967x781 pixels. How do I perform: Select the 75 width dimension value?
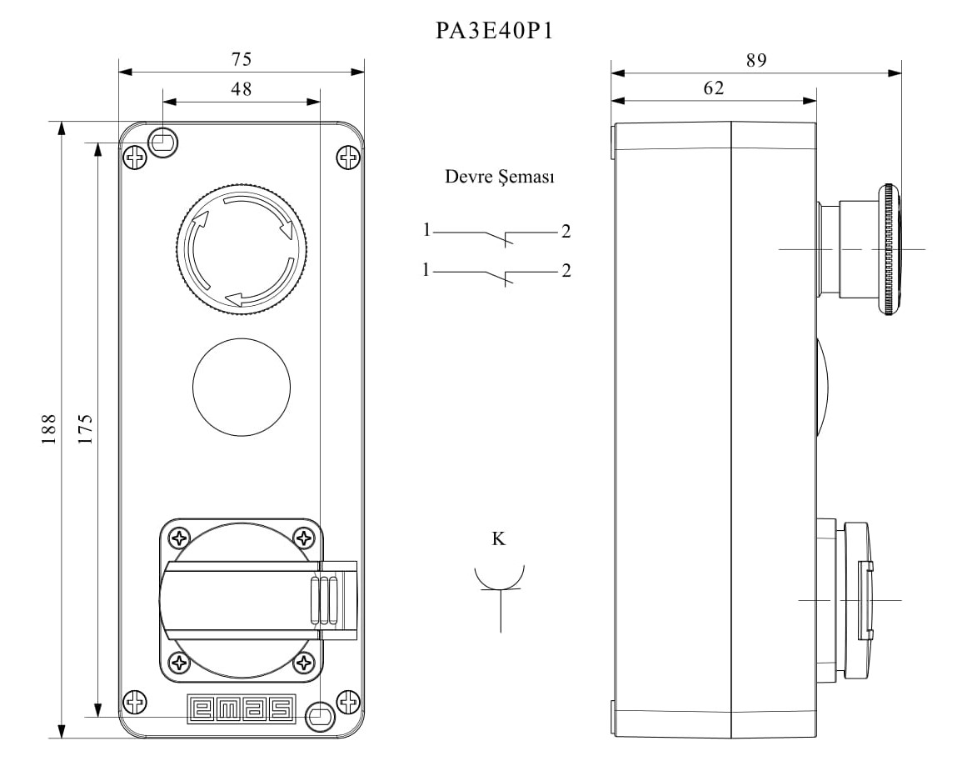pyautogui.click(x=242, y=59)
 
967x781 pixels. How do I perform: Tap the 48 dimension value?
pyautogui.click(x=242, y=89)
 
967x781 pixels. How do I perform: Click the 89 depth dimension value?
pyautogui.click(x=756, y=59)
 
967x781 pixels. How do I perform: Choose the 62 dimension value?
pyautogui.click(x=714, y=88)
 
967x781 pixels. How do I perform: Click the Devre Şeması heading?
pyautogui.click(x=500, y=177)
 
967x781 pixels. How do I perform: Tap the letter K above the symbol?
pyautogui.click(x=498, y=538)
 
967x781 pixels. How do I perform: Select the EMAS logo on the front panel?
pyautogui.click(x=242, y=708)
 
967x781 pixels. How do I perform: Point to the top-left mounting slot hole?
pyautogui.click(x=163, y=142)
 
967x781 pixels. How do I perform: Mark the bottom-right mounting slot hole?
pyautogui.click(x=320, y=715)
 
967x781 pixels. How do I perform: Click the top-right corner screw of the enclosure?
pyautogui.click(x=347, y=157)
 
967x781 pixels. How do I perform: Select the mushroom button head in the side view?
pyautogui.click(x=889, y=249)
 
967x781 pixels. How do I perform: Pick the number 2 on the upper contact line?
pyautogui.click(x=566, y=232)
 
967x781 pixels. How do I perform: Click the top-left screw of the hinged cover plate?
pyautogui.click(x=178, y=537)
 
